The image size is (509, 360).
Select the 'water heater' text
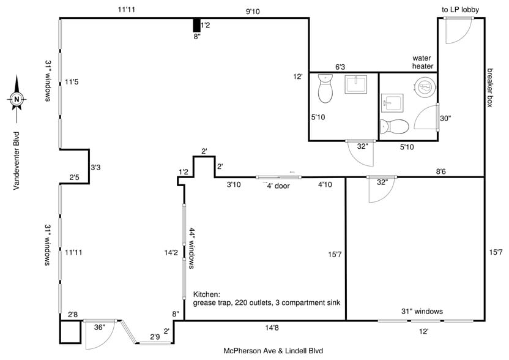point(423,62)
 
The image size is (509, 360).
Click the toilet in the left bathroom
point(325,91)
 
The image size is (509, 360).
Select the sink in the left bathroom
point(355,85)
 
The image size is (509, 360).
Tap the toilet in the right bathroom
point(395,127)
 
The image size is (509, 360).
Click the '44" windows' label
point(191,249)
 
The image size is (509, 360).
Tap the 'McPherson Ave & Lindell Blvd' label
point(272,351)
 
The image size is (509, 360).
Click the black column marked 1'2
point(196,25)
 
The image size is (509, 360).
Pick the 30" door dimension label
point(445,119)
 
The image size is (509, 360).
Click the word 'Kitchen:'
point(207,293)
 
